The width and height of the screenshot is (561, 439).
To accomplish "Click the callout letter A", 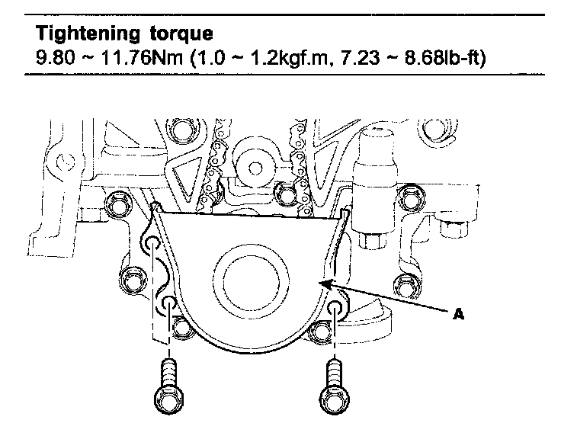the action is coord(458,313).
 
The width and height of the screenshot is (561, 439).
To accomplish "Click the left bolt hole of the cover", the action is coord(168,306).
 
